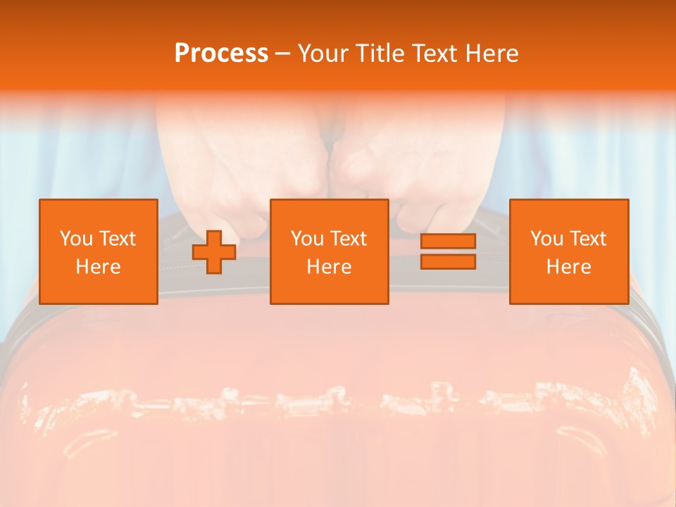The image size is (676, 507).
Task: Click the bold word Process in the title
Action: [x=221, y=54]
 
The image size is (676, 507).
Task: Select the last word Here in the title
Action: [x=492, y=54]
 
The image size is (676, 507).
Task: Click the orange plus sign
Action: [x=214, y=251]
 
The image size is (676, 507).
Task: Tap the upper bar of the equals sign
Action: [x=448, y=241]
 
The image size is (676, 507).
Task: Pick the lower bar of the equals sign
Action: [x=448, y=262]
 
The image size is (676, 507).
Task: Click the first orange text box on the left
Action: [x=99, y=251]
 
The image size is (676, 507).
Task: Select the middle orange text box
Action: [x=330, y=251]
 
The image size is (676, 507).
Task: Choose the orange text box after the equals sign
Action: [x=569, y=251]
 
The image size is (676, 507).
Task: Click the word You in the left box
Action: [x=76, y=239]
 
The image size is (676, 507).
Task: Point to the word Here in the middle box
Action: [x=330, y=267]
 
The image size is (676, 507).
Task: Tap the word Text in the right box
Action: [x=588, y=239]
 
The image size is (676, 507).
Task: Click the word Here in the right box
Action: [x=569, y=267]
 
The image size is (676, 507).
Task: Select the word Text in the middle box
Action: [x=349, y=239]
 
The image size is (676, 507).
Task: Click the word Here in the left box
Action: [x=99, y=267]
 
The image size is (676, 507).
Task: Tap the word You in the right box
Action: [x=546, y=239]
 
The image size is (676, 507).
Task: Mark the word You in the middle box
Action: [x=307, y=239]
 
